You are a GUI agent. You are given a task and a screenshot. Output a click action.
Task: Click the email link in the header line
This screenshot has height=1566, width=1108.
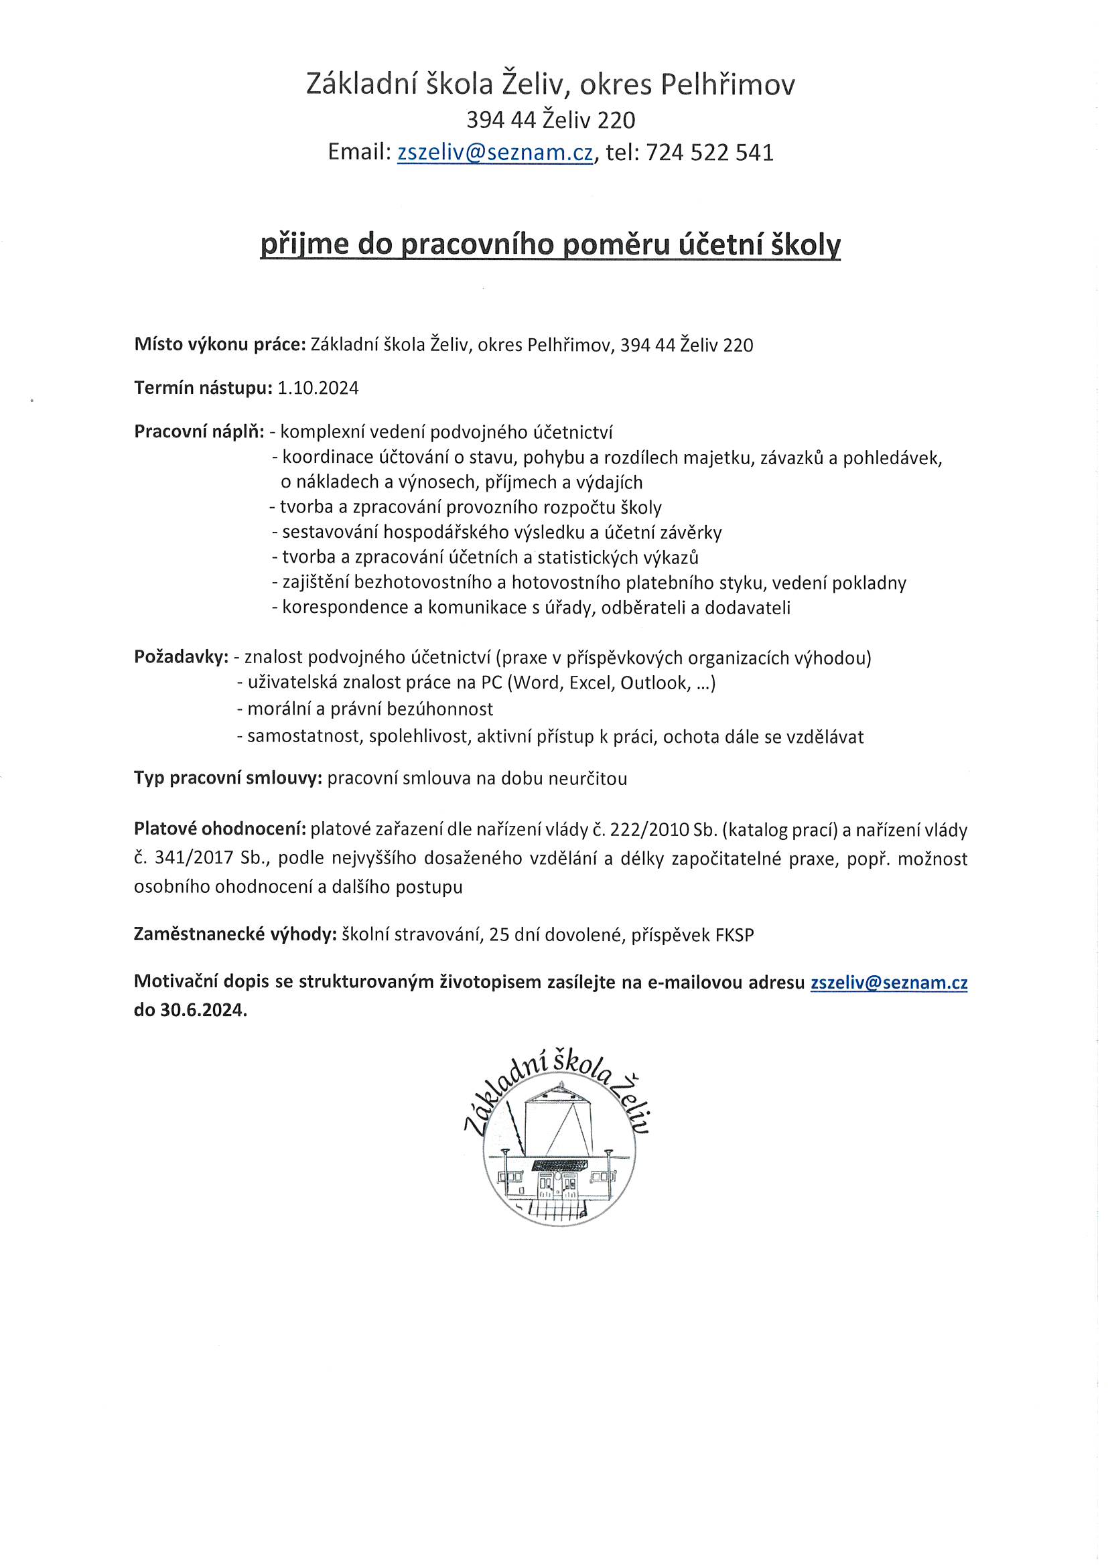pyautogui.click(x=494, y=152)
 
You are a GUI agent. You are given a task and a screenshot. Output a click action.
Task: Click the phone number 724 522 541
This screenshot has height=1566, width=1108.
pyautogui.click(x=709, y=152)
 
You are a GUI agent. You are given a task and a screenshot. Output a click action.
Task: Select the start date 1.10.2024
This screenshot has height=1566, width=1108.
pyautogui.click(x=318, y=388)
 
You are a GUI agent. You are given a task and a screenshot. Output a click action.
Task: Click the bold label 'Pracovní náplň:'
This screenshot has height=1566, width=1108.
pyautogui.click(x=199, y=432)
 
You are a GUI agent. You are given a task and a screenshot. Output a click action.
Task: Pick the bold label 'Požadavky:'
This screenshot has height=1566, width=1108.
pyautogui.click(x=182, y=658)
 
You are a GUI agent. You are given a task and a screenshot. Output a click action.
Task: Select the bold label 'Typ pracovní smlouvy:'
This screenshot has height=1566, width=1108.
pyautogui.click(x=228, y=778)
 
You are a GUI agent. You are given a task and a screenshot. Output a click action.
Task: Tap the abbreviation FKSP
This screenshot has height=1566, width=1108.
pyautogui.click(x=735, y=935)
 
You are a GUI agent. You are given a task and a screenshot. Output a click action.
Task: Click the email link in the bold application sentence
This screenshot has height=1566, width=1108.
pyautogui.click(x=888, y=983)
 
